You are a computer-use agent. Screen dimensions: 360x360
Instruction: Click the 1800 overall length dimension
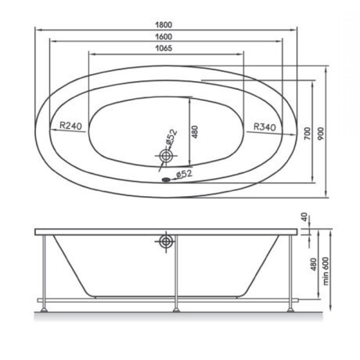(x=164, y=25)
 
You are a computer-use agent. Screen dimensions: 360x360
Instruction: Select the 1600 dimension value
(x=164, y=37)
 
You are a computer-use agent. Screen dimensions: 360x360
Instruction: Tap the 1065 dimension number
(x=164, y=48)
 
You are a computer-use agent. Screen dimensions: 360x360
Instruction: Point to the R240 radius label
(x=71, y=126)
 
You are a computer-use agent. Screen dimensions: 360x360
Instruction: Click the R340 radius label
(x=265, y=126)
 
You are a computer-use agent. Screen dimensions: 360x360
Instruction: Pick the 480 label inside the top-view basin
(x=195, y=132)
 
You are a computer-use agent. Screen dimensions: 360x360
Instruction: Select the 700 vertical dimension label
(x=307, y=134)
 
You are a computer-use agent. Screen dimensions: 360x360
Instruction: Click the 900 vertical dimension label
(x=320, y=134)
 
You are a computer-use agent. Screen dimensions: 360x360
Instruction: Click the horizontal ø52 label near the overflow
(x=184, y=174)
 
